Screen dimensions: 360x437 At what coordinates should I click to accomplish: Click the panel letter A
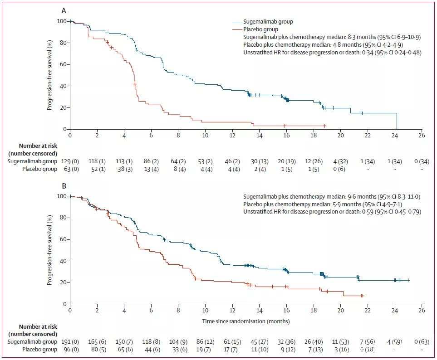coord(64,10)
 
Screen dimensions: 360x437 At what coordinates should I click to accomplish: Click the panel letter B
coord(64,185)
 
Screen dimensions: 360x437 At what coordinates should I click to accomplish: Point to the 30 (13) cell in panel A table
coord(259,161)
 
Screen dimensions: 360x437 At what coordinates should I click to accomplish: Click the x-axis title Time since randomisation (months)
coord(246,321)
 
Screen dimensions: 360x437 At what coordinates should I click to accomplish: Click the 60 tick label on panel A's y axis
coord(63,64)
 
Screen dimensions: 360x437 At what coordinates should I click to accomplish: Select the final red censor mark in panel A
coord(325,126)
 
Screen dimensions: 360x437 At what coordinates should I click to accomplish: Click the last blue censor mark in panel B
coord(408,280)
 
